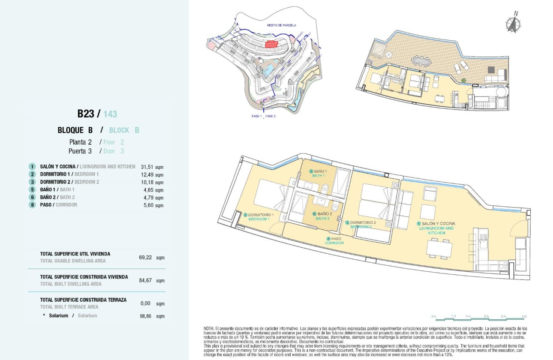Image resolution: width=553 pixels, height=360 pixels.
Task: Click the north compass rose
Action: coord(513,24)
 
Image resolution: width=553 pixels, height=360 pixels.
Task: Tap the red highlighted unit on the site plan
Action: coord(270,44)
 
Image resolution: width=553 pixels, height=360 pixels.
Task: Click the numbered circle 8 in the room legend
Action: coord(32,205)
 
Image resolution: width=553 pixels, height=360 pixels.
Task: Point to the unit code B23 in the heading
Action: coord(85,114)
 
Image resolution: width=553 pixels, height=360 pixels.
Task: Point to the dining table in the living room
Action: coord(439,249)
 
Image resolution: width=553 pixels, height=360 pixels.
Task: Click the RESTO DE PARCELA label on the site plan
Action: coord(281,25)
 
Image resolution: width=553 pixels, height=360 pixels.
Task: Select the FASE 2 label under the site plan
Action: coord(270,116)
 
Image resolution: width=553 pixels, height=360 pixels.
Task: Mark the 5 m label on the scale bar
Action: coord(524,316)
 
